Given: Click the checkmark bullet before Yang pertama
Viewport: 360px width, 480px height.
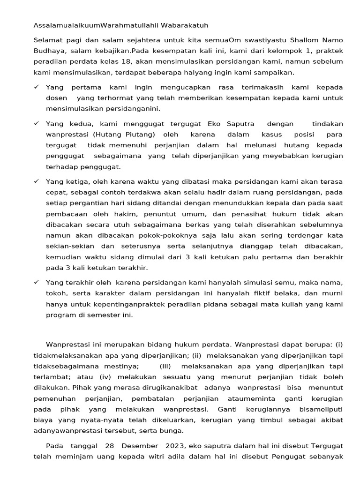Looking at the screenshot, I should click(x=37, y=87).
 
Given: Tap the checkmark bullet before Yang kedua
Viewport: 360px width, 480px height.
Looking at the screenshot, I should click(x=37, y=124).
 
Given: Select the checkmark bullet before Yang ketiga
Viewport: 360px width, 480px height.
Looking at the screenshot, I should click(x=37, y=181).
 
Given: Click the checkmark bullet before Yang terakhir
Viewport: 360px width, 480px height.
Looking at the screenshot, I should click(x=37, y=282).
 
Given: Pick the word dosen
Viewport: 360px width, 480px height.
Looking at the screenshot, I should click(x=57, y=98).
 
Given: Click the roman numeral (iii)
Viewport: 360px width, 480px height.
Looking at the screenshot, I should click(x=165, y=366).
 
